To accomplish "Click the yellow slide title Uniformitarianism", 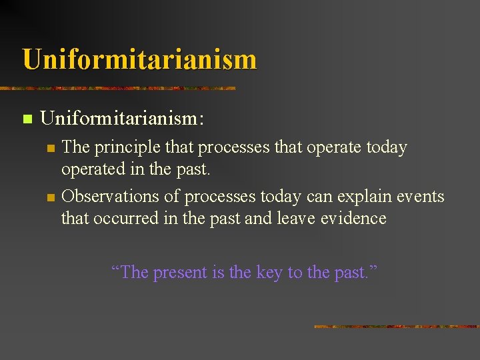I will [x=139, y=59].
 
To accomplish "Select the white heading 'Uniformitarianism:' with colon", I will [x=122, y=119].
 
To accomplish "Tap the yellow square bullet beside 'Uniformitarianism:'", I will [x=27, y=119].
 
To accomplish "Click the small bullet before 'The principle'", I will [x=49, y=149].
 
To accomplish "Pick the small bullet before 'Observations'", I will [x=49, y=197].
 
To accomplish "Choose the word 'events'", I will [x=421, y=197].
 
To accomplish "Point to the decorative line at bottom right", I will [x=396, y=327].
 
